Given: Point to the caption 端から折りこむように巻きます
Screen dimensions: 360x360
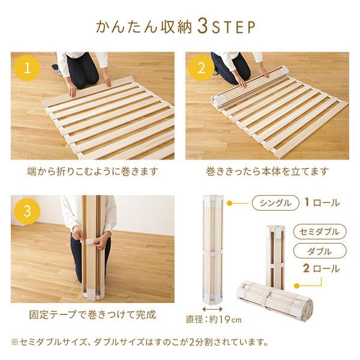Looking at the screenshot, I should (92, 172).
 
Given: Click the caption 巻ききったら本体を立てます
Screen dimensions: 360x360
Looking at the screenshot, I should (266, 172).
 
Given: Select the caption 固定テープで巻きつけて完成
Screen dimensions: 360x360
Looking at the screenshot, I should (92, 314).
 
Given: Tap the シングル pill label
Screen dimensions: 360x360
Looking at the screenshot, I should (275, 203).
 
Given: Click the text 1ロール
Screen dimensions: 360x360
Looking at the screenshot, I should (322, 203).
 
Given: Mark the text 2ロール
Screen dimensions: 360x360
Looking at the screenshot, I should (322, 269).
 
